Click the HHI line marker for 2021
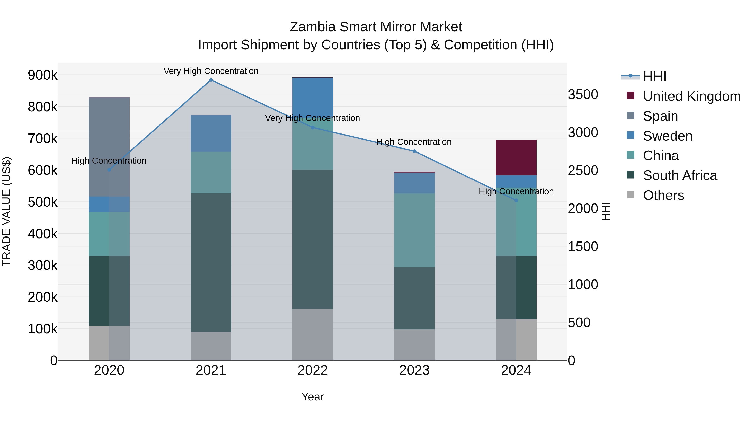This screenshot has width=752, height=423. pos(211,80)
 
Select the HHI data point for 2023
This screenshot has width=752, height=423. pos(414,151)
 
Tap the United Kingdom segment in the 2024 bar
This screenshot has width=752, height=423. pos(516,158)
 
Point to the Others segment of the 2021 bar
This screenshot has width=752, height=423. pos(211,346)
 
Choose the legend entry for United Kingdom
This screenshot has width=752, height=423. pos(691,96)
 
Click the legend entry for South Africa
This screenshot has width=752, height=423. pos(680,175)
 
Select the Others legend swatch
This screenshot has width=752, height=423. pos(631,195)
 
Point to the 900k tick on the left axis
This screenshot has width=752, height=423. pos(43,75)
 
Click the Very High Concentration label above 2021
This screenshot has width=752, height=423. pos(211,71)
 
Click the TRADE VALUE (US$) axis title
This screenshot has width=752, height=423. pos(6,211)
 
